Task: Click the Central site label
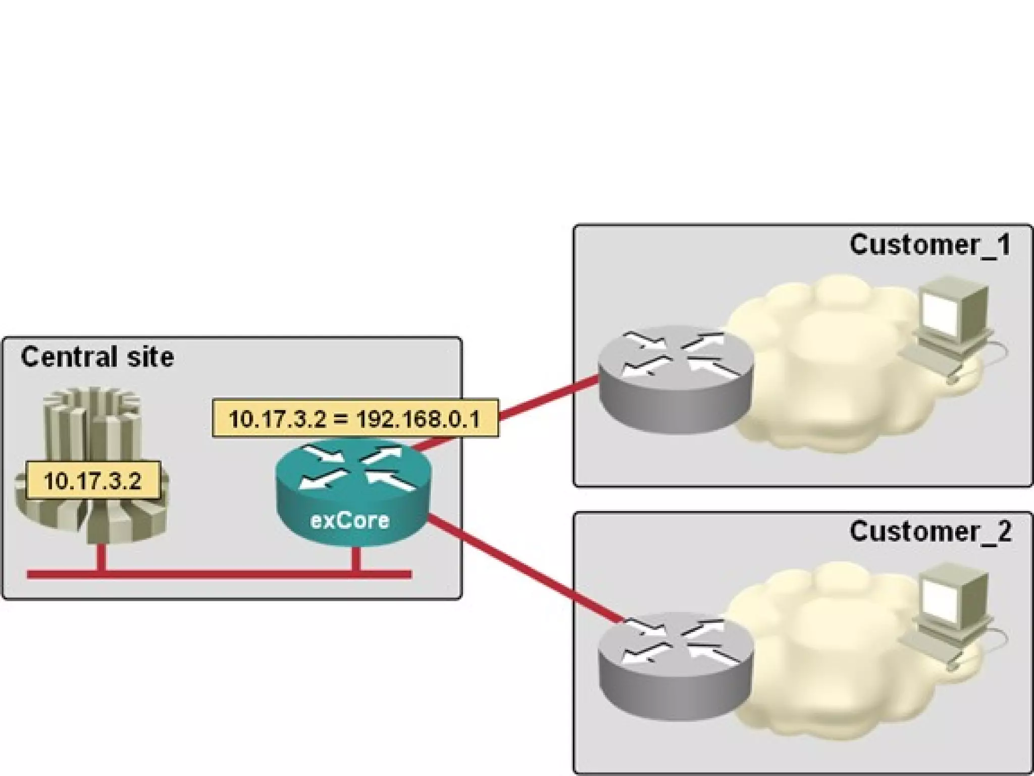97,357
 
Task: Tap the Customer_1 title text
930,245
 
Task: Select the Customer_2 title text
930,531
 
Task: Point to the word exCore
350,520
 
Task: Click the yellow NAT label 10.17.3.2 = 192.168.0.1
355,418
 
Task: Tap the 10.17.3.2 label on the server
92,480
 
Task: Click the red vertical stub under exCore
356,559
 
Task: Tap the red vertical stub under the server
102,558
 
